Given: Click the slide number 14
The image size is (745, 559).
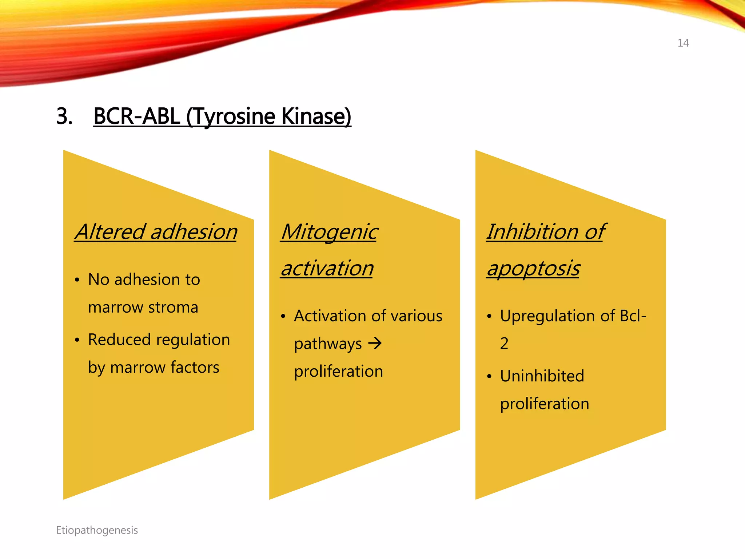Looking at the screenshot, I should [x=683, y=43].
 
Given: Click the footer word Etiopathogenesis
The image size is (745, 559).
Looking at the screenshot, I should [x=97, y=530].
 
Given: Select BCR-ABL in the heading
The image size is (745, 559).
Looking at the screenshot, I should [x=137, y=116].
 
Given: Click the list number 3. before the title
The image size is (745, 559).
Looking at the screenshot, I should [x=64, y=116].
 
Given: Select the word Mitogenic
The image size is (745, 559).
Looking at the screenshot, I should [x=330, y=232].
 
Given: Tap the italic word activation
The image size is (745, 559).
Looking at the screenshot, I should [x=327, y=268].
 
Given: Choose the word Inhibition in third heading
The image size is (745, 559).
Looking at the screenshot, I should [x=533, y=232].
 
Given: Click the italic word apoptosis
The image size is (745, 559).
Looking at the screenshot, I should [x=533, y=269].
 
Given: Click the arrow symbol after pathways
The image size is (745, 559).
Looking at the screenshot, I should [x=375, y=343].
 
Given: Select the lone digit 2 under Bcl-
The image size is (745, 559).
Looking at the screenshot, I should [x=504, y=343].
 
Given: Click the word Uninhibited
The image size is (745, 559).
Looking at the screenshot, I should [x=542, y=376].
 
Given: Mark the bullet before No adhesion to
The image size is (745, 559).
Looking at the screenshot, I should [x=77, y=280].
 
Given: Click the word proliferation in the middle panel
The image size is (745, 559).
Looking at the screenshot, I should [x=338, y=372].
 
